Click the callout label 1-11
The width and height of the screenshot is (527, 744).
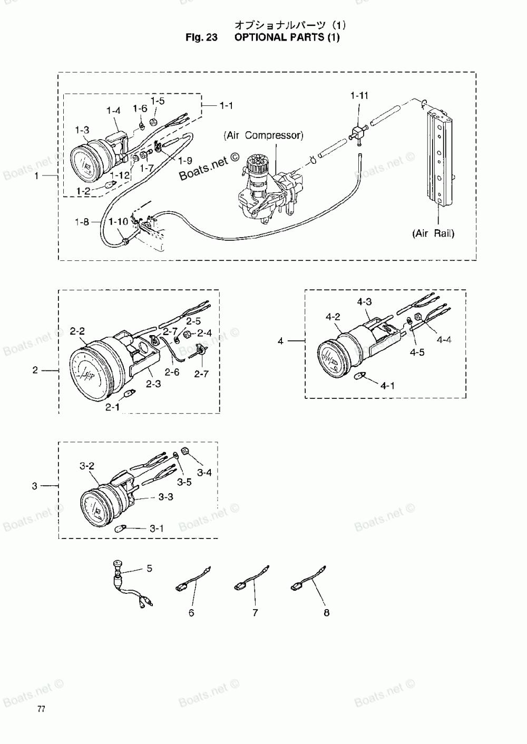[359, 95]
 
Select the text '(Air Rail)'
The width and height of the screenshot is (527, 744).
[434, 233]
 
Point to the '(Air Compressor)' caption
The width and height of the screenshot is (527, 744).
[263, 135]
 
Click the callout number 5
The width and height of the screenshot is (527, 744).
[149, 568]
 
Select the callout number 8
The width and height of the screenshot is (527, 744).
[326, 613]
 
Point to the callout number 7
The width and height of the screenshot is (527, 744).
[255, 613]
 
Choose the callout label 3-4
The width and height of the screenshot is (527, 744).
[204, 473]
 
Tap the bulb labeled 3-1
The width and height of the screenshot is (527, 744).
[120, 528]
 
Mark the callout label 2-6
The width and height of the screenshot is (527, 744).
[172, 372]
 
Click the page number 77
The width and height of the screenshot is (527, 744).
[41, 709]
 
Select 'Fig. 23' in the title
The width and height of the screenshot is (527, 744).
[201, 37]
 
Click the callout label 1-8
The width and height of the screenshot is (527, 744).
[82, 222]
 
